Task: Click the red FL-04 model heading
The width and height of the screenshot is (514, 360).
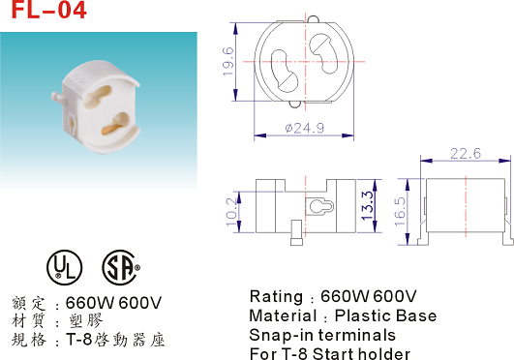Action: (48, 9)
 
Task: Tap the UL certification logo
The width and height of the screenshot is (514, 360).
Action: (65, 267)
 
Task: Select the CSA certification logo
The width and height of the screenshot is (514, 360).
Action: (120, 267)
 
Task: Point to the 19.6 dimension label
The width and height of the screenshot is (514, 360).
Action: (228, 62)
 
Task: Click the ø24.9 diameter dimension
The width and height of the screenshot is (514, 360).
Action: (305, 128)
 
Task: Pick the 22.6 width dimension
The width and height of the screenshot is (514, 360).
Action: (466, 154)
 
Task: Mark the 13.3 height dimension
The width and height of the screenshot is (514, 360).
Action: (368, 205)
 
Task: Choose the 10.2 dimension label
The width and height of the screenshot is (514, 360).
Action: (231, 212)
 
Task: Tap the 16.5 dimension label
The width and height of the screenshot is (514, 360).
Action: (400, 212)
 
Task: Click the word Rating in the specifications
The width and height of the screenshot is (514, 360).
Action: (276, 297)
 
